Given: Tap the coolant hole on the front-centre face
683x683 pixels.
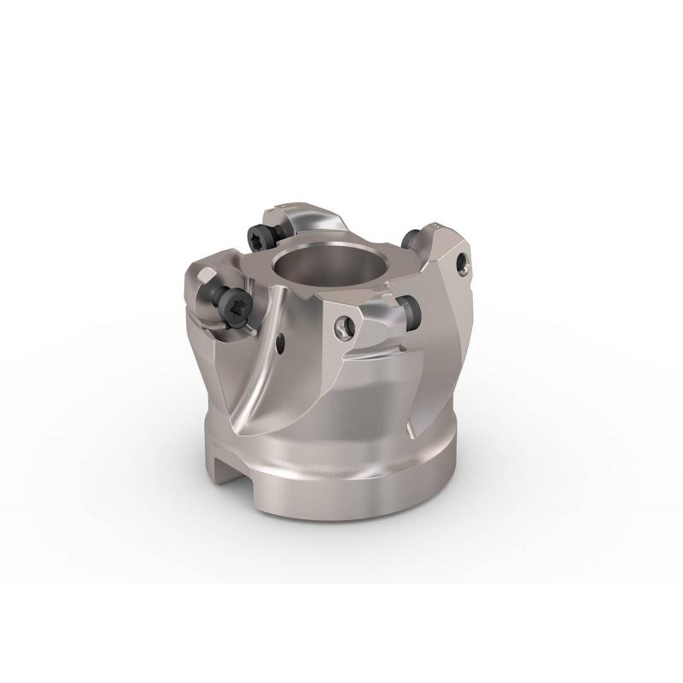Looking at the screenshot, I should (x=348, y=324).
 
